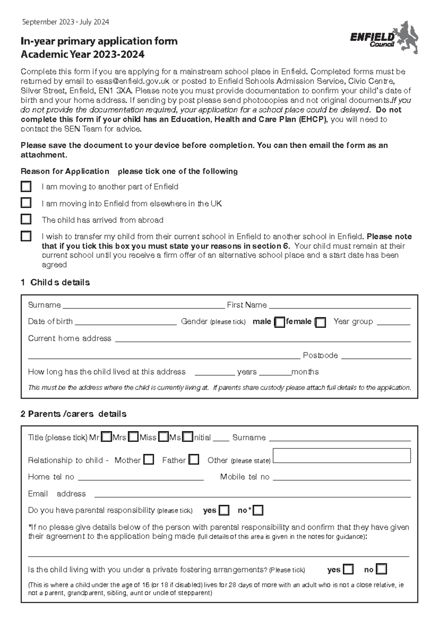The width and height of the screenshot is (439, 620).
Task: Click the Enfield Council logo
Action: [384, 38]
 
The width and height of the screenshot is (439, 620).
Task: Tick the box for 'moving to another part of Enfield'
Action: [26, 186]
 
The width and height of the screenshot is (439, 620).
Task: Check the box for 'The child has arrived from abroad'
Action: [26, 219]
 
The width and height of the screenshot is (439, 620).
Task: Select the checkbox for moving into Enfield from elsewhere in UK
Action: [26, 203]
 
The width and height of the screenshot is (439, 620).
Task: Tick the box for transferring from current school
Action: [26, 236]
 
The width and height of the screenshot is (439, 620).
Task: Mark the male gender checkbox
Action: [279, 322]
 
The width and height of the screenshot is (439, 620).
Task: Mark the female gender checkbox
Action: [320, 322]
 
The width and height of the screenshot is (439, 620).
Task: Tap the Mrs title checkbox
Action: [134, 437]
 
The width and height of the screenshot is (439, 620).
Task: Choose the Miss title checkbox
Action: [164, 437]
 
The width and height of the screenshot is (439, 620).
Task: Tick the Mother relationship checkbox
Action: [149, 460]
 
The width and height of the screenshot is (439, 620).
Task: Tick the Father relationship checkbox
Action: [194, 460]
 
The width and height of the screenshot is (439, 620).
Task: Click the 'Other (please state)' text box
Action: [342, 456]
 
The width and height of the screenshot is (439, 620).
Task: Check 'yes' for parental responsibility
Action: [224, 510]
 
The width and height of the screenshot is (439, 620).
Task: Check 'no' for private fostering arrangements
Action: [381, 569]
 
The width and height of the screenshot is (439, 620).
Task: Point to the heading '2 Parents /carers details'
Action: [74, 414]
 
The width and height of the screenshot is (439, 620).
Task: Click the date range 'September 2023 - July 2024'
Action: [65, 22]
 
